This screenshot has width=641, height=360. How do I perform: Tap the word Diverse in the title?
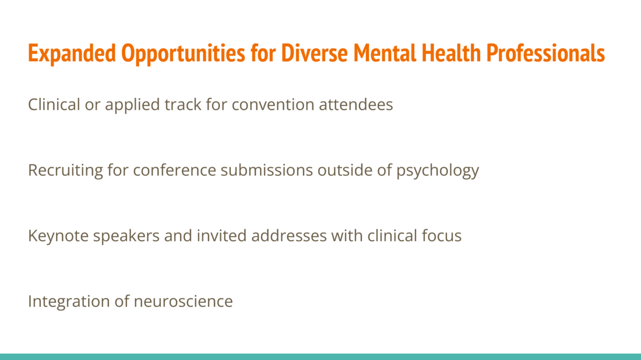314,53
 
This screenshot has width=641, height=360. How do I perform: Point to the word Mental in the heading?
385,53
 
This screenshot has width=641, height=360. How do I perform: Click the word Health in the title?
451,53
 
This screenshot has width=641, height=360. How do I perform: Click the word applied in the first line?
132,105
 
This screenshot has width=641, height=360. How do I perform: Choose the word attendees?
355,105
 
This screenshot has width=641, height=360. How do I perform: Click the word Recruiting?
65,171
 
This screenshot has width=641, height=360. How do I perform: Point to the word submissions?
266,170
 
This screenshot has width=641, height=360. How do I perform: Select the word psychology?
438,171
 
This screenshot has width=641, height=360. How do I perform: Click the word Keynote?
58,236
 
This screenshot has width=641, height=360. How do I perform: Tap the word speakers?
126,236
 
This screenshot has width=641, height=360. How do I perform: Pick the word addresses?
289,235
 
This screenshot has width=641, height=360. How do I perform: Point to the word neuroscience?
183,301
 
